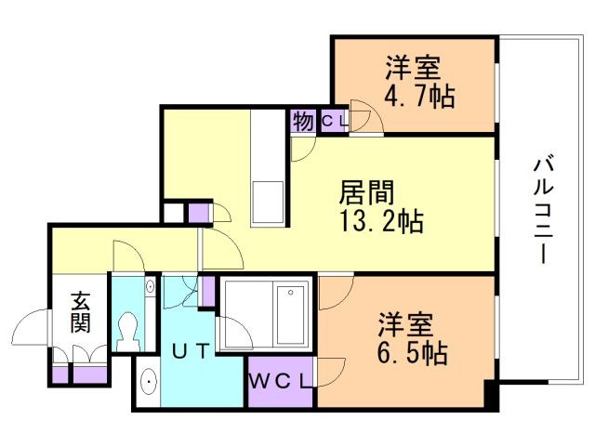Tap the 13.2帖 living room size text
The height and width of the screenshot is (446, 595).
coord(381,221)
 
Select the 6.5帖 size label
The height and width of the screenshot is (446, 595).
coord(413,353)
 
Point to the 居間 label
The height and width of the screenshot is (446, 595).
coord(366,192)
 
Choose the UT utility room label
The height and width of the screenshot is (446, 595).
coord(191,351)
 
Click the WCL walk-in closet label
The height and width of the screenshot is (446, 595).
coord(280,381)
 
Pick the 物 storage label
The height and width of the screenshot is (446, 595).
coord(303,121)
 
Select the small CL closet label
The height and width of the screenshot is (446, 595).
coord(334,121)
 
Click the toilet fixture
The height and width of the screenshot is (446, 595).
coord(128,332)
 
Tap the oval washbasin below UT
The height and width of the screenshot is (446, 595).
coord(149,382)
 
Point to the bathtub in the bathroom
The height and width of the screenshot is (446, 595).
coord(291,315)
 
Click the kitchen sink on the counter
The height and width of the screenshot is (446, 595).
coord(268,202)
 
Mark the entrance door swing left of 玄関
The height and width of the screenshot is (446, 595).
coord(31,326)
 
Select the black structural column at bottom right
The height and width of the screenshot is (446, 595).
coord(491,394)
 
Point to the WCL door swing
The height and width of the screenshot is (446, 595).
coord(331,372)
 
